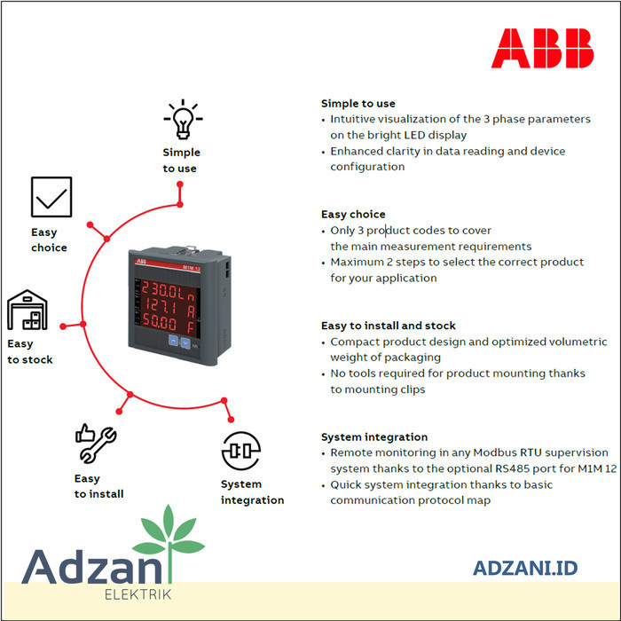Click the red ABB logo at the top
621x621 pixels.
click(x=542, y=48)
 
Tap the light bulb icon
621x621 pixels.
click(x=182, y=120)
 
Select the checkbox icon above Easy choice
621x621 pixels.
click(x=51, y=197)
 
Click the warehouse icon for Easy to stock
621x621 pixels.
click(x=28, y=310)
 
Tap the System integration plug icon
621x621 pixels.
click(x=240, y=452)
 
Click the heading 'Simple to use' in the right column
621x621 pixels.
click(x=358, y=103)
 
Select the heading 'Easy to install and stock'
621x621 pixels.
click(x=389, y=326)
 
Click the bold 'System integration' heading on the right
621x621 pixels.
click(x=374, y=436)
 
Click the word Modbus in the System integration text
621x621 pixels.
click(x=478, y=452)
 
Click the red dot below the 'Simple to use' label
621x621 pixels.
click(x=180, y=185)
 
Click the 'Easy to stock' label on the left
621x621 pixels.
click(x=30, y=351)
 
